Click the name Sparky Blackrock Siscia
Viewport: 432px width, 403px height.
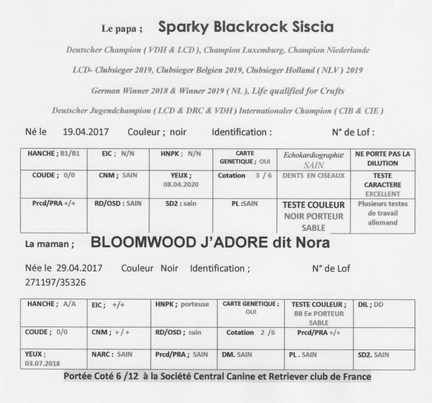click(246, 28)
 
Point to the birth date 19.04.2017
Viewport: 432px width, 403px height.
click(86, 132)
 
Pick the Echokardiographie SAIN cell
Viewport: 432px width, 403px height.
click(313, 160)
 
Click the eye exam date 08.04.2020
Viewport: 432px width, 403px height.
click(181, 184)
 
